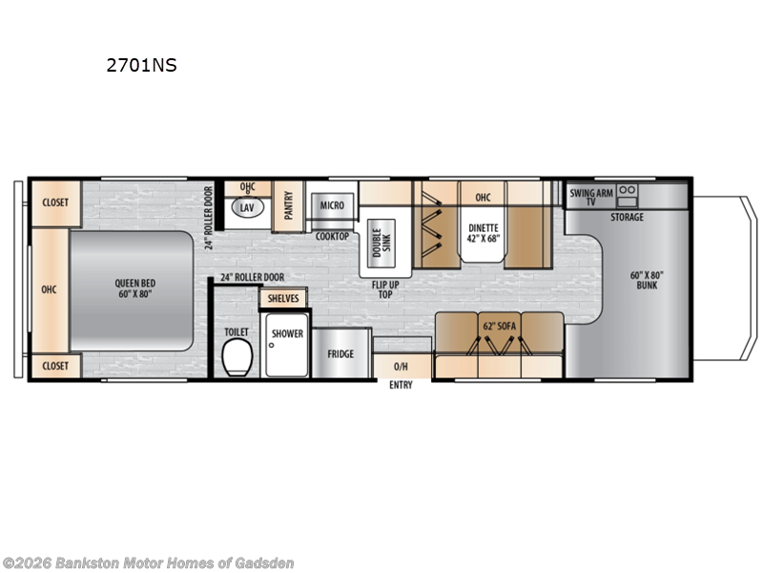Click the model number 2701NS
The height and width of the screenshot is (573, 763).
pos(142,66)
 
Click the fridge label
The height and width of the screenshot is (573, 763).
pos(340,354)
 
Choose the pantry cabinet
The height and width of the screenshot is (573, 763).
pos(288,205)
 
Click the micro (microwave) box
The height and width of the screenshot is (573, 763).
pos(332,205)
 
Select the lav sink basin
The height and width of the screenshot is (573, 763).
pos(247,207)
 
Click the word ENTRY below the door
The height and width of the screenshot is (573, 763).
pos(401,385)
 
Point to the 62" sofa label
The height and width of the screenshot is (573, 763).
pos(498,326)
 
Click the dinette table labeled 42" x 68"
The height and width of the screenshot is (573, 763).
pos(484,234)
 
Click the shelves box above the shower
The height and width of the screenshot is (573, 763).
pos(283,298)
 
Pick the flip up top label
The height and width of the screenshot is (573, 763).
pos(385,289)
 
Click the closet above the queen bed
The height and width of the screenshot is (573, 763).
pos(54,202)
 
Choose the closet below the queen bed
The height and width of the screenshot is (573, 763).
pos(54,366)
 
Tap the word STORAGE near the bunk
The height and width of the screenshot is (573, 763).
pos(627,218)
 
